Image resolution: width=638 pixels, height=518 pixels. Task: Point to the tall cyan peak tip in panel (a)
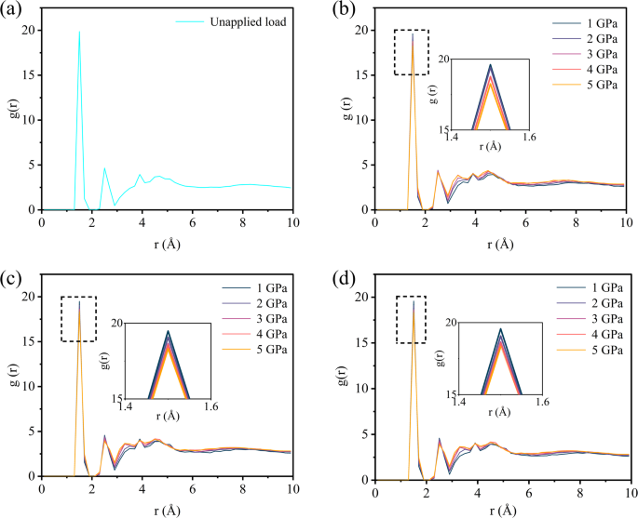(x=79, y=32)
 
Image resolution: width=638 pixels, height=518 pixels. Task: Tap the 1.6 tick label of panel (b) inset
(x=529, y=138)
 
